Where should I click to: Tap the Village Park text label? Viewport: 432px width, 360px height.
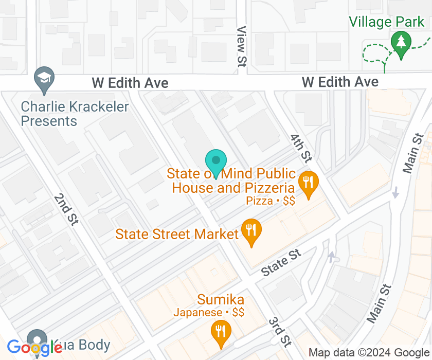387,22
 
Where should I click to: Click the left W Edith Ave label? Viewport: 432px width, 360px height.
130,82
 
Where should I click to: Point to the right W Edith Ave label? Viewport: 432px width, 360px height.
340,82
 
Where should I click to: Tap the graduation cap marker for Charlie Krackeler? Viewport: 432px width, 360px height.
44,78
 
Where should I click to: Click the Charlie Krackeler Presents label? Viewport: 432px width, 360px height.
75,114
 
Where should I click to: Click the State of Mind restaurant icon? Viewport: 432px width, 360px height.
308,183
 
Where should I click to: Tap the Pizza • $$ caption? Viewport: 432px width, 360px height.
271,201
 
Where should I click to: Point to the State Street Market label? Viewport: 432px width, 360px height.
177,235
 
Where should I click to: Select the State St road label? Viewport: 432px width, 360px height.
280,262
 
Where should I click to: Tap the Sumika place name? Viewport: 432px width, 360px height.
221,300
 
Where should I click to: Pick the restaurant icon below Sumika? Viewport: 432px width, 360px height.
221,331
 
